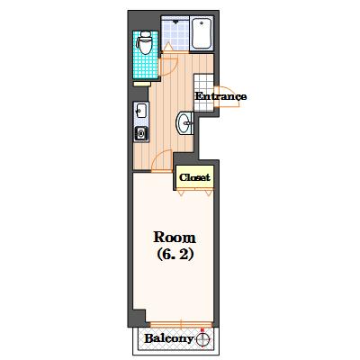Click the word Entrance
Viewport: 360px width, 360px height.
[x=220, y=96]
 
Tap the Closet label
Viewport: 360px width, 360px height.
[x=194, y=177]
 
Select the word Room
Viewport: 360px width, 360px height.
[x=175, y=238]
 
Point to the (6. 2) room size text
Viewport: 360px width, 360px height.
[x=175, y=255]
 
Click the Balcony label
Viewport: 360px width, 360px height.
[x=168, y=338]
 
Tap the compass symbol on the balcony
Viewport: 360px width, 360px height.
[x=202, y=339]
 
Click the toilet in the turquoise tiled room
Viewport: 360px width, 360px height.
[x=146, y=43]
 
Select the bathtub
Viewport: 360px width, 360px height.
[x=202, y=33]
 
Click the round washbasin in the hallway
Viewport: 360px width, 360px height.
[x=184, y=122]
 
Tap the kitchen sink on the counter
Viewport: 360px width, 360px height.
[x=140, y=111]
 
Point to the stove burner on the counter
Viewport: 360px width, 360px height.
[x=140, y=133]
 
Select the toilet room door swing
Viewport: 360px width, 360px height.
[x=168, y=67]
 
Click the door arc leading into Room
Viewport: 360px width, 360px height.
[x=161, y=160]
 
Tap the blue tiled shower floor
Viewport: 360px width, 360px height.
[x=175, y=33]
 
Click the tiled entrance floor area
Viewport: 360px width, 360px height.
[x=204, y=93]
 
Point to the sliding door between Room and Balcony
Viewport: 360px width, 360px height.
[x=181, y=324]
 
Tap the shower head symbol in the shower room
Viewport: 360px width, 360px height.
[x=175, y=21]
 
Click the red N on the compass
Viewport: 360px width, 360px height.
[x=202, y=330]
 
